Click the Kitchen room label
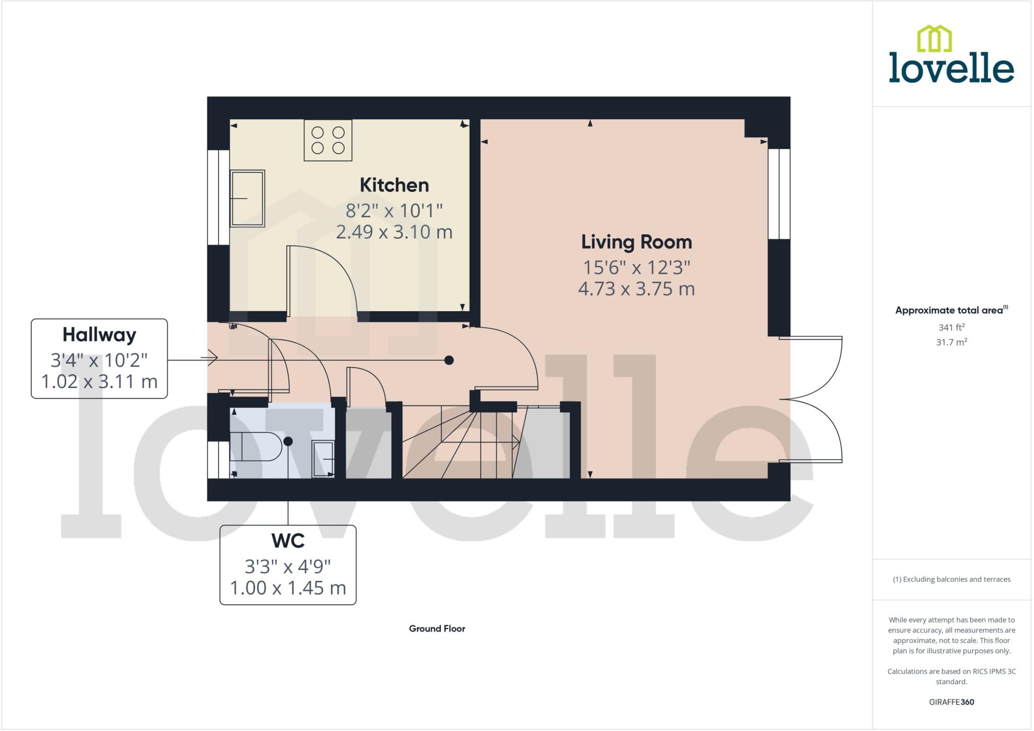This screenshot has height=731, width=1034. click(x=394, y=185)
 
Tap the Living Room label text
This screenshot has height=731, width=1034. click(x=636, y=242)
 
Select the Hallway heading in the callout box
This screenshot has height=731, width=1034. click(x=99, y=335)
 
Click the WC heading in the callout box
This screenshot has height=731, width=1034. click(x=288, y=541)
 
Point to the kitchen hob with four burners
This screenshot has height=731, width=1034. click(x=328, y=140)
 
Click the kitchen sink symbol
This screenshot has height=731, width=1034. click(x=247, y=199)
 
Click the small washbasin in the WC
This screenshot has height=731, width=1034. click(x=323, y=459)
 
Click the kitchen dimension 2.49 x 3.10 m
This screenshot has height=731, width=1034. click(x=394, y=232)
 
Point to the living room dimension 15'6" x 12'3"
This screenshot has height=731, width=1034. click(x=636, y=267)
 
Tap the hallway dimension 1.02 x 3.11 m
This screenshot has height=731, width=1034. click(x=99, y=381)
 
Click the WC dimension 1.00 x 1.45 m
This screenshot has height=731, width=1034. click(x=288, y=588)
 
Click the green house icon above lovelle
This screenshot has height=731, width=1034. click(x=934, y=39)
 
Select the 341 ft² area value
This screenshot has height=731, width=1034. click(x=951, y=327)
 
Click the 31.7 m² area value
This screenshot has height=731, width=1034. click(x=951, y=343)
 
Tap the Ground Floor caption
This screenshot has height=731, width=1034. click(x=437, y=628)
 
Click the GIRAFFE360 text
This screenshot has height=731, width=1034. click(x=951, y=702)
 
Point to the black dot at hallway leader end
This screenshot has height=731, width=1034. click(x=449, y=360)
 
